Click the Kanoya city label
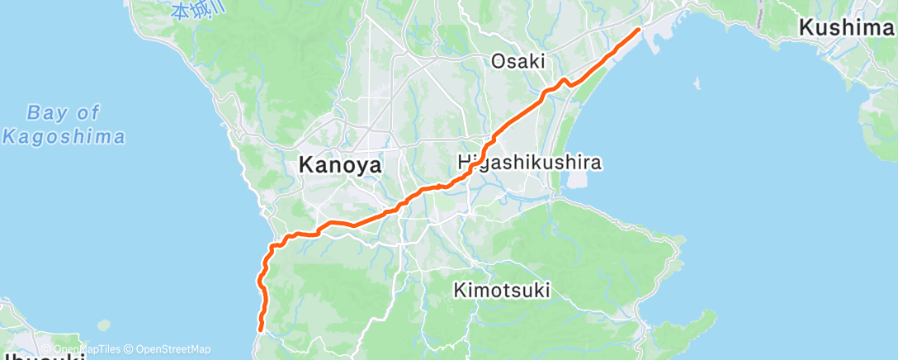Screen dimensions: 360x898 (x=339, y=165)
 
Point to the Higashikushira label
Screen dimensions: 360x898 (x=529, y=163)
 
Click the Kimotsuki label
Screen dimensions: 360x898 (x=502, y=290)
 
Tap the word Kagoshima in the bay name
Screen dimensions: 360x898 (x=64, y=136)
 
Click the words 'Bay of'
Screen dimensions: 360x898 (x=63, y=112)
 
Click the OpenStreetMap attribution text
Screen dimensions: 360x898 (x=173, y=349)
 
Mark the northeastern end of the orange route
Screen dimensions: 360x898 (x=638, y=30)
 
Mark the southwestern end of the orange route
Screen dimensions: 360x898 (x=261, y=329)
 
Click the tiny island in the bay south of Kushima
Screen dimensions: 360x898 (x=698, y=84)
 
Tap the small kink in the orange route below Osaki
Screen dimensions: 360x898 (x=565, y=82)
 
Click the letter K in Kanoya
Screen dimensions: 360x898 (x=304, y=165)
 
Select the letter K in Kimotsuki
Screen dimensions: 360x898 (x=460, y=290)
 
